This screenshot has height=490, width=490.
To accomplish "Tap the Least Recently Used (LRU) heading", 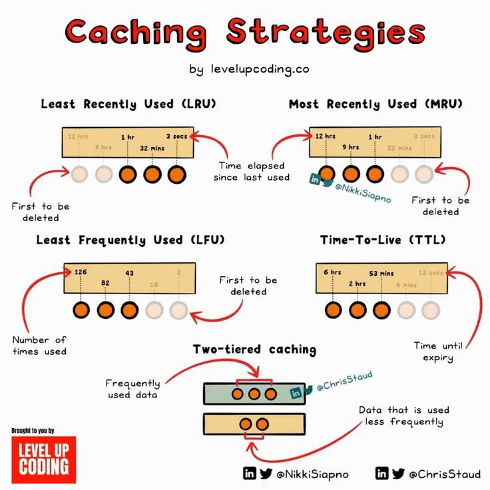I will pyautogui.click(x=128, y=104).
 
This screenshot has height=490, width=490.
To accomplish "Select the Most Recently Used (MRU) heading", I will pyautogui.click(x=375, y=104).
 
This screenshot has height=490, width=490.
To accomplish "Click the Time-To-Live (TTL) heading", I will pyautogui.click(x=383, y=240).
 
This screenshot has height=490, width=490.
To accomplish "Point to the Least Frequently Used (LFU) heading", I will pyautogui.click(x=130, y=240).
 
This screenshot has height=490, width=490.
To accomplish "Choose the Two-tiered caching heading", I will pyautogui.click(x=254, y=349).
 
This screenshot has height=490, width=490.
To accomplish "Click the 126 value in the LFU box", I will pyautogui.click(x=81, y=272).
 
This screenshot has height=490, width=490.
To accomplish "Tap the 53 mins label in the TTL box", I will pyautogui.click(x=381, y=273).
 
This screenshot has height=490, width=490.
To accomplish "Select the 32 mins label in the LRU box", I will pyautogui.click(x=152, y=148).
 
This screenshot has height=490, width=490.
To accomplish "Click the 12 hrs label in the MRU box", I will pyautogui.click(x=325, y=136).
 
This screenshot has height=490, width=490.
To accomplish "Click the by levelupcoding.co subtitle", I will pyautogui.click(x=249, y=69).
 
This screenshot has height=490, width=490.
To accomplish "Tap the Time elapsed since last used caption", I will pyautogui.click(x=252, y=171).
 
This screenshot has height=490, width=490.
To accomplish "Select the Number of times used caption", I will pyautogui.click(x=39, y=346).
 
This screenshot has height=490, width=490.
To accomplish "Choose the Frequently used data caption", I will pyautogui.click(x=133, y=389).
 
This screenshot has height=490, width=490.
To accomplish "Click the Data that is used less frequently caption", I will pyautogui.click(x=404, y=415).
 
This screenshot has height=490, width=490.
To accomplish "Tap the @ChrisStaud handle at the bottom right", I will pyautogui.click(x=444, y=474).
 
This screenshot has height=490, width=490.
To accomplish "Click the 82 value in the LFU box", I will pyautogui.click(x=105, y=284).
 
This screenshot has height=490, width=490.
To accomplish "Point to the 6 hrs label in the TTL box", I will pyautogui.click(x=333, y=272).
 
